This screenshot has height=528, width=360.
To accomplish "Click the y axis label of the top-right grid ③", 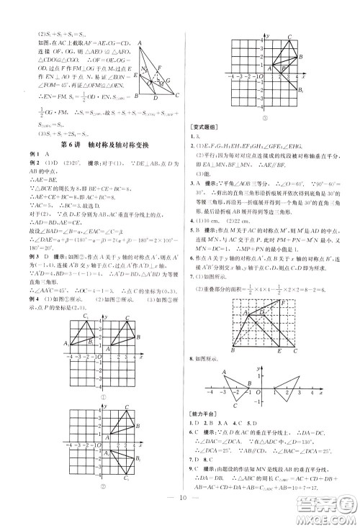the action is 268,35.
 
